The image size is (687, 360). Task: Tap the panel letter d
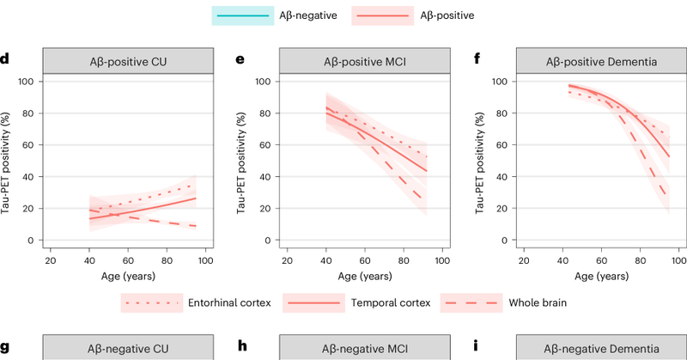pos(6,61)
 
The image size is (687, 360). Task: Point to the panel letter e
pos(240,61)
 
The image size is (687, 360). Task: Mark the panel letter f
pos(474,61)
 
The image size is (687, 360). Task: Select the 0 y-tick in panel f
pos(499,241)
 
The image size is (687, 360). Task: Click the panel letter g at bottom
pos(6,350)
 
